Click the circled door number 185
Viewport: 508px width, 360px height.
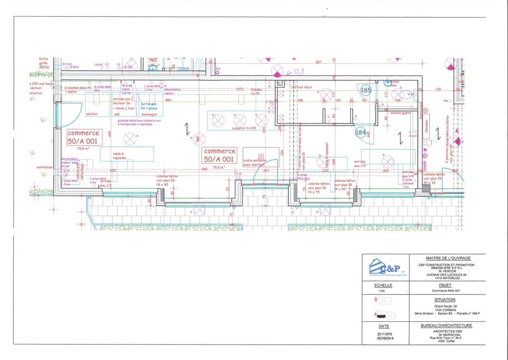366,90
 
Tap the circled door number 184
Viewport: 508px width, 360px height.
361,132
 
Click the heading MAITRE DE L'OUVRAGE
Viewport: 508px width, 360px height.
448,258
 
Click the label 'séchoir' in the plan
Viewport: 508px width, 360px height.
92,114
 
